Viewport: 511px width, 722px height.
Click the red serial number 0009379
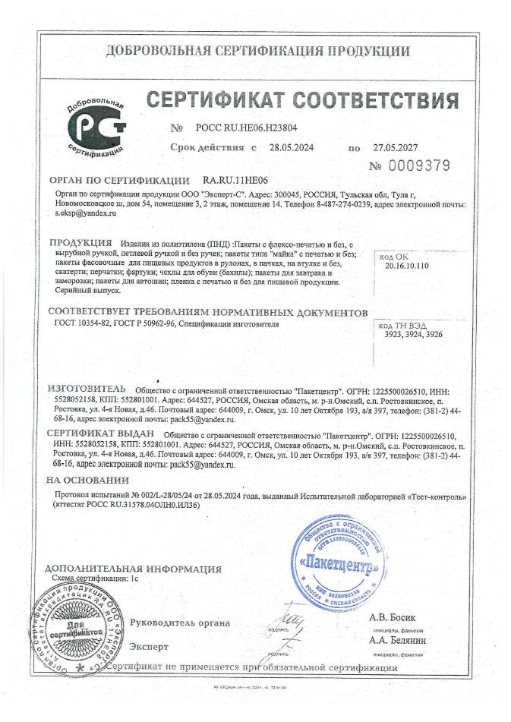(420, 166)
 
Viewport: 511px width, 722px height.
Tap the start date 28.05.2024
(292, 148)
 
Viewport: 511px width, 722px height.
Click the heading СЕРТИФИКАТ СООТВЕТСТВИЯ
(302, 101)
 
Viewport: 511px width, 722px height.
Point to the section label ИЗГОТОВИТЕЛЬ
(86, 387)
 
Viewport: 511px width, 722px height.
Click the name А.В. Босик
(393, 616)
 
